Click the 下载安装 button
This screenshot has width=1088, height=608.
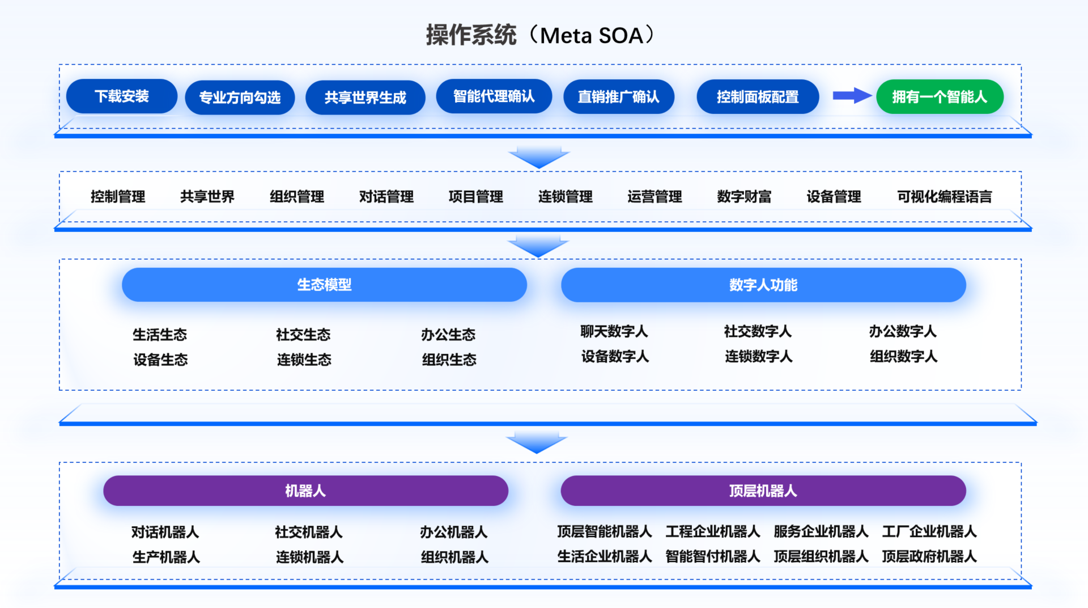tap(122, 96)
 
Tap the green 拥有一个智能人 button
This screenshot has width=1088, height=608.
tap(940, 97)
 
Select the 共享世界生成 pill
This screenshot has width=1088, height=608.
tap(365, 98)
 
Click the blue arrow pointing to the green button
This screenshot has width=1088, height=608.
tap(852, 96)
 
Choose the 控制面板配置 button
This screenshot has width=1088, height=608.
tap(758, 97)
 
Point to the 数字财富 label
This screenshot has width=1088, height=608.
tap(744, 197)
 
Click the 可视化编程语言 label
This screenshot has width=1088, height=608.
tap(945, 197)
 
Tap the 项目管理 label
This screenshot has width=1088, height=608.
tap(476, 197)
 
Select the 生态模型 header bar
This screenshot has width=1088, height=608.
tap(324, 285)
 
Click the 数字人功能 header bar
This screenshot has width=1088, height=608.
tap(763, 285)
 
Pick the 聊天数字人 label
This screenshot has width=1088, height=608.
tap(614, 331)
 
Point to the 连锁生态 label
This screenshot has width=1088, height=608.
tap(304, 360)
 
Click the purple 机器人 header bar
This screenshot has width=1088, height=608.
tap(305, 491)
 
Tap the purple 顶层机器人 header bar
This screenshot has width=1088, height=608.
tap(763, 491)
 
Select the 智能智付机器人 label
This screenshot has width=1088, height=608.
tap(713, 556)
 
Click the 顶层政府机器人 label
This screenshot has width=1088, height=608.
tap(929, 556)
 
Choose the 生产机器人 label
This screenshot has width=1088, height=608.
tap(166, 557)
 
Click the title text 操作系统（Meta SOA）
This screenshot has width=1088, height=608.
tap(541, 35)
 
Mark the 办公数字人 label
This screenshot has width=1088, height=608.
tap(903, 331)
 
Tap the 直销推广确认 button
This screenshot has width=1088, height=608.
tap(619, 97)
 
